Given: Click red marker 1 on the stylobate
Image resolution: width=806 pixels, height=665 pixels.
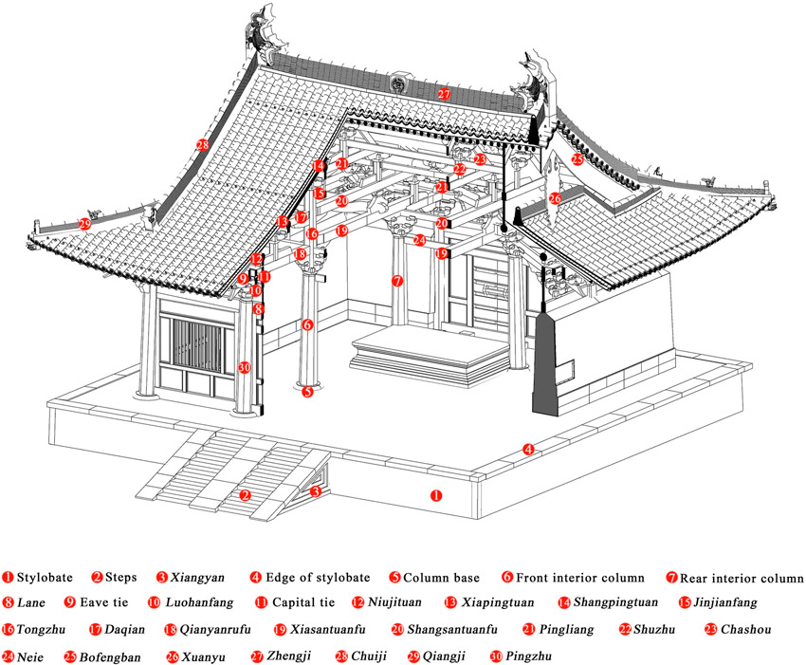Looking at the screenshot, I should (x=436, y=494).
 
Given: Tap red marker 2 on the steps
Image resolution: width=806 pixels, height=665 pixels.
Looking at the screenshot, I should (x=246, y=495).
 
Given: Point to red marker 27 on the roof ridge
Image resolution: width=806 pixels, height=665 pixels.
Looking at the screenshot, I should (x=444, y=93).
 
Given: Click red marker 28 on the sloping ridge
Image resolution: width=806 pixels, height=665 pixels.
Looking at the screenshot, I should (x=202, y=145).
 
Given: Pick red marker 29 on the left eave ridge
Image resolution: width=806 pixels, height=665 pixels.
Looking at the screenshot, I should (x=84, y=224).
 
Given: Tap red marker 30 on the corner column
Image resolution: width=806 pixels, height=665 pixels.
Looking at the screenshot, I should (x=244, y=367).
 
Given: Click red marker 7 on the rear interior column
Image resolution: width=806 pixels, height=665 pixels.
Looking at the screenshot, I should (x=397, y=281).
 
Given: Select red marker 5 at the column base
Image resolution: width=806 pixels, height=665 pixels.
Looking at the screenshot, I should (x=306, y=390).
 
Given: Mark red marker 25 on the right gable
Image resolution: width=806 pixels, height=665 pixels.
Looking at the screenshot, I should (x=577, y=159).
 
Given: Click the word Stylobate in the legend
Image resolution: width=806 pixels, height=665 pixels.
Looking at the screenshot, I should (x=45, y=576).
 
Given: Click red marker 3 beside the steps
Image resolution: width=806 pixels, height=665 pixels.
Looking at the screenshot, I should (x=316, y=490).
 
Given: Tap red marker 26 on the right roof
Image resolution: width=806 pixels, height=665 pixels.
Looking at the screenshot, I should (x=555, y=199).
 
